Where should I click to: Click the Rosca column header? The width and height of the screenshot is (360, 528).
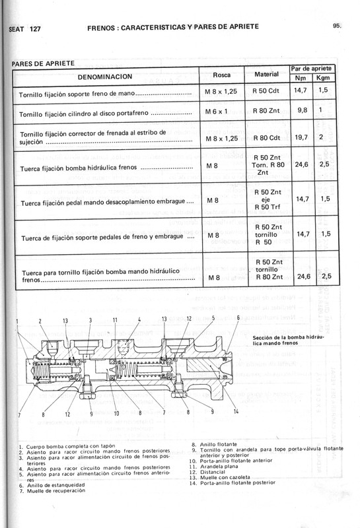tap(221, 75)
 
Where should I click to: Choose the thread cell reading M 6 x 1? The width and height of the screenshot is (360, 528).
tap(217, 111)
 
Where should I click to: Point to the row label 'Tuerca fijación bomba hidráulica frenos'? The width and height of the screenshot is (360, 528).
tap(90, 168)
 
